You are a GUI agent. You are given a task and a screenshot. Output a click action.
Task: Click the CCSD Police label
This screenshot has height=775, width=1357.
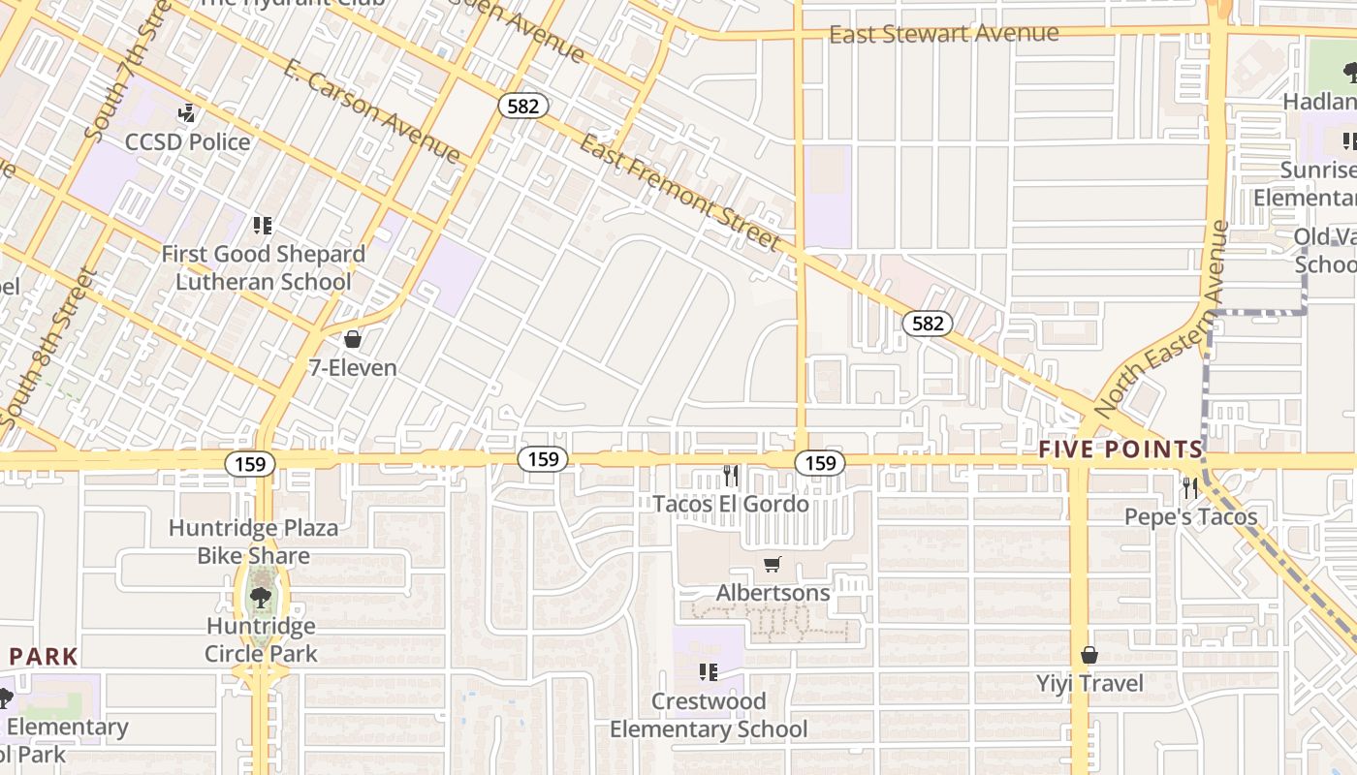[x=187, y=142]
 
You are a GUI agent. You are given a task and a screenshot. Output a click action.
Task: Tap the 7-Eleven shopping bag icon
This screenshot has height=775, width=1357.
[x=353, y=339]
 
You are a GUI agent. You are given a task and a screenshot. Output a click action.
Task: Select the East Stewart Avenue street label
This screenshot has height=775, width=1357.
[x=943, y=34]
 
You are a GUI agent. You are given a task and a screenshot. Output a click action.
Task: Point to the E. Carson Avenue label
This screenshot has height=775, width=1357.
[x=372, y=110]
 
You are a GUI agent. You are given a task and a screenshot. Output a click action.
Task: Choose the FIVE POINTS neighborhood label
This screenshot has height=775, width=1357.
[x=1120, y=449]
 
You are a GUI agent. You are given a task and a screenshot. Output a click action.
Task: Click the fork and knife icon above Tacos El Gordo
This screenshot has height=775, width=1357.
[x=731, y=475]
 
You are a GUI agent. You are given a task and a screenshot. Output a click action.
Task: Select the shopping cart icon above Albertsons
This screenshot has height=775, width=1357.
[x=773, y=565]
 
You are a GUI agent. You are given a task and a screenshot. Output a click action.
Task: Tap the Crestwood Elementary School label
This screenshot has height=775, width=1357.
[x=709, y=715]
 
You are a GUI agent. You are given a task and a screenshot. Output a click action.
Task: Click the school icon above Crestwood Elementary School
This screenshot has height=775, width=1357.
[x=709, y=671]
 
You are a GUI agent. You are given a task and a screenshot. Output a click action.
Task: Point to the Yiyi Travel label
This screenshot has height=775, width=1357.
[x=1089, y=684]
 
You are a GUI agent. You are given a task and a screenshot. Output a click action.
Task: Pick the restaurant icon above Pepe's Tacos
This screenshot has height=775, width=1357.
[x=1190, y=487]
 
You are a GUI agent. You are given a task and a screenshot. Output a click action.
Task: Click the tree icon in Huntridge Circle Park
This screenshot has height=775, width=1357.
[x=261, y=596]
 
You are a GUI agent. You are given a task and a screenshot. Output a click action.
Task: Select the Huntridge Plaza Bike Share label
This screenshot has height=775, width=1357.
[x=254, y=542]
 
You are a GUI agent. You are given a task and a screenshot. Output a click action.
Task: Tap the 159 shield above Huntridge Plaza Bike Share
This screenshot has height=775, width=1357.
[x=250, y=464]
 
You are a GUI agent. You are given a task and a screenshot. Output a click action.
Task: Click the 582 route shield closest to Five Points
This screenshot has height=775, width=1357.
[x=928, y=323]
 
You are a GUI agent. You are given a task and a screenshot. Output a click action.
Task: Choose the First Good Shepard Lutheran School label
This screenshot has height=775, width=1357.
[x=263, y=268]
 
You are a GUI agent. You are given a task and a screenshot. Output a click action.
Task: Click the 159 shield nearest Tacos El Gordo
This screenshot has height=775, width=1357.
[x=820, y=463]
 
